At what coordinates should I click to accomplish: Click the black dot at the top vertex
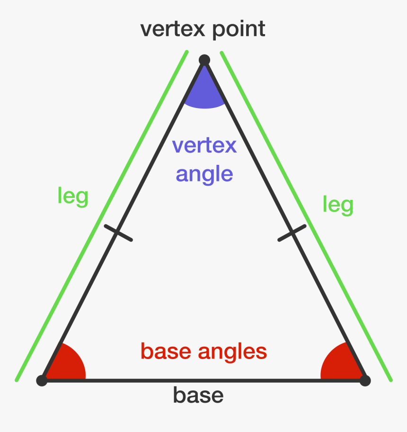[x=204, y=60]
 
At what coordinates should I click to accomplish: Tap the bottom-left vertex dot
[x=42, y=380]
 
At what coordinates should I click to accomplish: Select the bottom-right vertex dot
[x=365, y=380]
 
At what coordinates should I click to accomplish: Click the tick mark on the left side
[x=117, y=233]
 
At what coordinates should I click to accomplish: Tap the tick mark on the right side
[x=292, y=233]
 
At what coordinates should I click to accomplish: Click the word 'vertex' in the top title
[x=173, y=29]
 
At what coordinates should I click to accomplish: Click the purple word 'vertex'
[x=204, y=145]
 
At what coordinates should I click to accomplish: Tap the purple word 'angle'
[x=204, y=174]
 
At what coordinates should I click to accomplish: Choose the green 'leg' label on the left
[x=72, y=196]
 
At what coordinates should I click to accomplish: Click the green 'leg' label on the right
[x=338, y=205]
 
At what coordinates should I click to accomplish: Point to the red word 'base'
[x=166, y=351]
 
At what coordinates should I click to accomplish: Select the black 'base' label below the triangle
[x=198, y=395]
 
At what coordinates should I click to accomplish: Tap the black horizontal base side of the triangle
[x=203, y=380]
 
